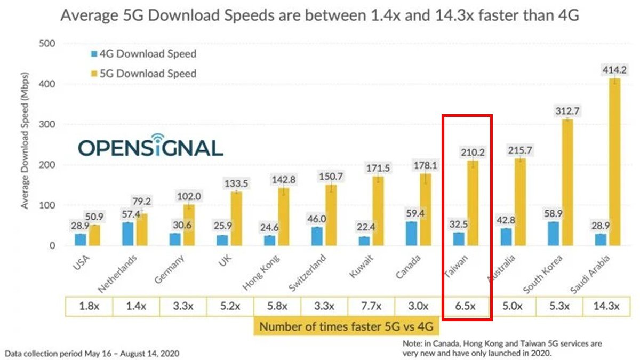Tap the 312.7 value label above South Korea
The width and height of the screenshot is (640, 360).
[x=567, y=111]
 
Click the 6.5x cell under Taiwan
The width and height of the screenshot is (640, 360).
[x=465, y=307]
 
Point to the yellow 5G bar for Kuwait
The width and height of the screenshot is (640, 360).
[x=378, y=211]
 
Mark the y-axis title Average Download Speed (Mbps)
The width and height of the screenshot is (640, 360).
[x=25, y=144]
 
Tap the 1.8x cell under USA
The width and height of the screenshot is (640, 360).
[x=89, y=307]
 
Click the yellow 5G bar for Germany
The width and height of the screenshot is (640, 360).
[x=189, y=225]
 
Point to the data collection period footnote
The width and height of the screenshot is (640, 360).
[x=92, y=353]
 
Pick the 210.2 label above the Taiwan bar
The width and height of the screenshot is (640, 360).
[x=473, y=153]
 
